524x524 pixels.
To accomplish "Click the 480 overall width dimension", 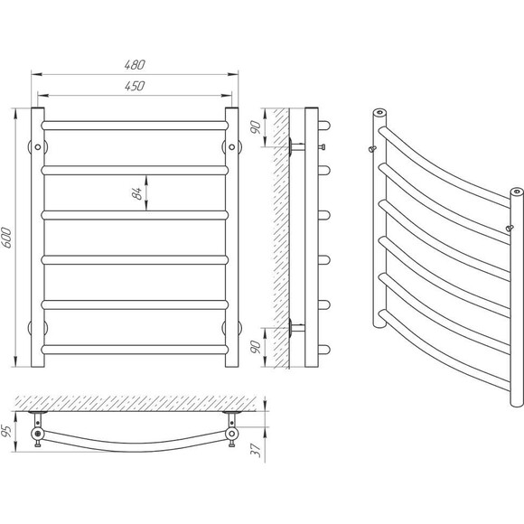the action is click(135, 64).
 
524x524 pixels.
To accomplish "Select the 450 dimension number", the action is click(135, 86).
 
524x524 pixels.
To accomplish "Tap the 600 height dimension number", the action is click(6, 238).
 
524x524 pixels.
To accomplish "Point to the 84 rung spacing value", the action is click(136, 193).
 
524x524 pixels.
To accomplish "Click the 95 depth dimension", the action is click(6, 431).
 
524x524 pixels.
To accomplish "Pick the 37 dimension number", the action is click(256, 450).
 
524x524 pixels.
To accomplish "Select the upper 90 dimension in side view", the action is click(256, 127).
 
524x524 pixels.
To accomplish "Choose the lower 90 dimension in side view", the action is click(256, 347).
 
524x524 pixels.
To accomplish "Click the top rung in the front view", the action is click(135, 126).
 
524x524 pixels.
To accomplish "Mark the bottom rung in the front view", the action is click(135, 350).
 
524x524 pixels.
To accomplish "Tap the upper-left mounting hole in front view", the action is click(38, 147).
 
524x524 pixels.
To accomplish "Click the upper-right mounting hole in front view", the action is click(231, 147).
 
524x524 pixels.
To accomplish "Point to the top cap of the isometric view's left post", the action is click(379, 112).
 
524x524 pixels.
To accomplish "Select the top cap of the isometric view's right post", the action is click(517, 192).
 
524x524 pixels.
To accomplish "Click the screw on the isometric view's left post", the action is click(372, 149).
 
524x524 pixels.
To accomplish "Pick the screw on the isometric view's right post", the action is click(510, 229).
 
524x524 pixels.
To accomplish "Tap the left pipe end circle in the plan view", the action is click(38, 434).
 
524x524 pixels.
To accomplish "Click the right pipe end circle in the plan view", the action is click(231, 434).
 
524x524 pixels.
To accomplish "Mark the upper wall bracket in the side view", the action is click(296, 146).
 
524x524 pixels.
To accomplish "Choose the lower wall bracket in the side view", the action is click(296, 328).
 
